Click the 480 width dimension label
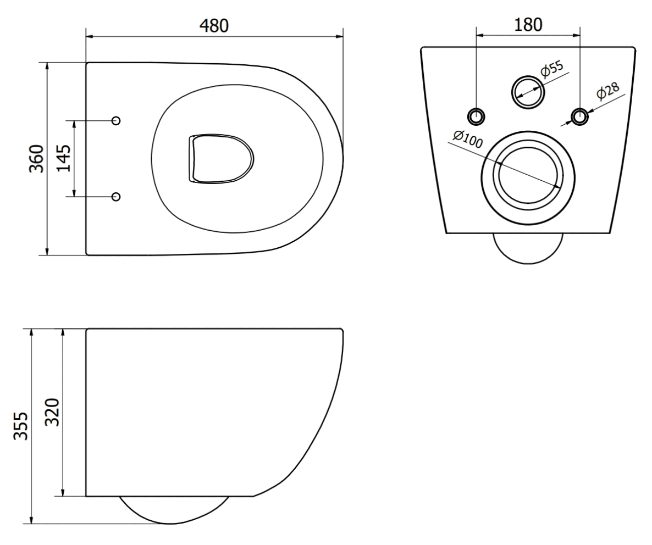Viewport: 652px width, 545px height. coord(214,25)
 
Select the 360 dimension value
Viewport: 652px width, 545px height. coord(36,159)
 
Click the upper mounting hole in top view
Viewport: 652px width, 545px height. coord(116,120)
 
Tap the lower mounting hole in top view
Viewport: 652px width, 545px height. coord(116,196)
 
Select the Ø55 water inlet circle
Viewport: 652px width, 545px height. coord(528,90)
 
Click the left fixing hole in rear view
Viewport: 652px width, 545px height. coord(476,116)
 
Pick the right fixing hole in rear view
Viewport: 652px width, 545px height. coord(579,116)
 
